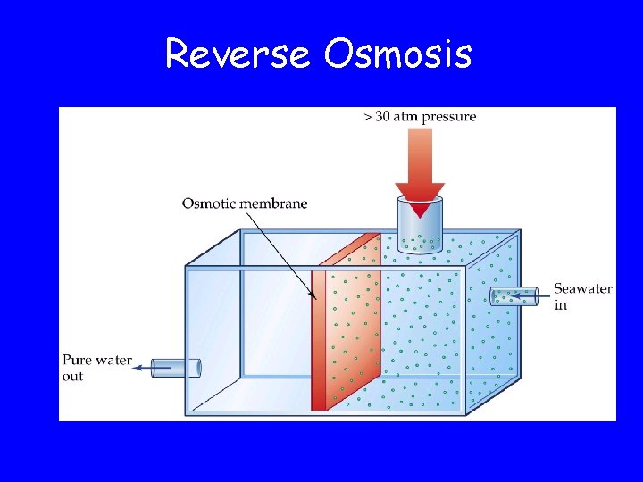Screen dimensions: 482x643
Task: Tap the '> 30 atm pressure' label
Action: coord(420,116)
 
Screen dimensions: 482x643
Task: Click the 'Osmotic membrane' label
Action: coord(244,204)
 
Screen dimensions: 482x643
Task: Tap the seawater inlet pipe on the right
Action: coord(515,296)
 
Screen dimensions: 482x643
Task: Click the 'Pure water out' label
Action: coord(96,369)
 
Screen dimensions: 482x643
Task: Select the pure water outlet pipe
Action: coord(176,367)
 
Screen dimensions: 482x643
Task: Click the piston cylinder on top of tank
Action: coord(420,228)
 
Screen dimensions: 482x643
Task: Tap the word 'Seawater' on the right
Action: coord(583,288)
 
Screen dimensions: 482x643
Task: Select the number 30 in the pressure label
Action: coord(383,116)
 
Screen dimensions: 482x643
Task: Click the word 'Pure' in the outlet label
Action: coord(77,361)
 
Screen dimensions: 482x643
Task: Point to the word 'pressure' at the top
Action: coord(449,117)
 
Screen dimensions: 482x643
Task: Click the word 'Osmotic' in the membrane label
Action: coord(207,204)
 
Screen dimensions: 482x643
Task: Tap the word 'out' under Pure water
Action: coord(72,377)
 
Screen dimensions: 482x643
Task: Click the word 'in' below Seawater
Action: coord(560,305)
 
